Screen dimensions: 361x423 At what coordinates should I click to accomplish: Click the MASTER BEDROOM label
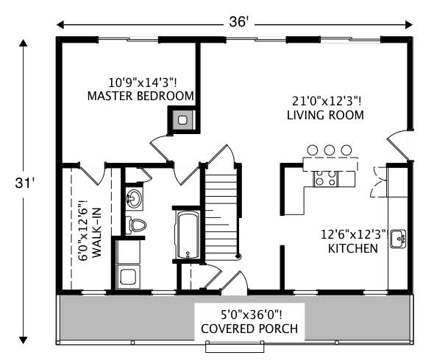click(x=141, y=96)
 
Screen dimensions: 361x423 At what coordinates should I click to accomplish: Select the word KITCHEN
click(x=353, y=248)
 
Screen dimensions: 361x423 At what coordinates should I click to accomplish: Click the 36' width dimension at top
click(x=238, y=22)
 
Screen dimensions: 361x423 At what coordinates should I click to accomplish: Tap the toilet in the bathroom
click(x=136, y=224)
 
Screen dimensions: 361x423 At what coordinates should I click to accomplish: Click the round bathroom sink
click(x=135, y=198)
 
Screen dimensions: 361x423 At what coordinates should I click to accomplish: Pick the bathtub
click(x=188, y=235)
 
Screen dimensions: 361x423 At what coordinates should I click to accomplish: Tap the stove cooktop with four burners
click(x=325, y=178)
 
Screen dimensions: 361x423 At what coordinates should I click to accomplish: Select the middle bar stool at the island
click(x=329, y=150)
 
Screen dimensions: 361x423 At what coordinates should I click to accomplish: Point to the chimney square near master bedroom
click(x=183, y=119)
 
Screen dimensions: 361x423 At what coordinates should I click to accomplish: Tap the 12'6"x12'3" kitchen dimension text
click(x=354, y=235)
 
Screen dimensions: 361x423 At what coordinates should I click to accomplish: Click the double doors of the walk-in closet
click(x=90, y=174)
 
